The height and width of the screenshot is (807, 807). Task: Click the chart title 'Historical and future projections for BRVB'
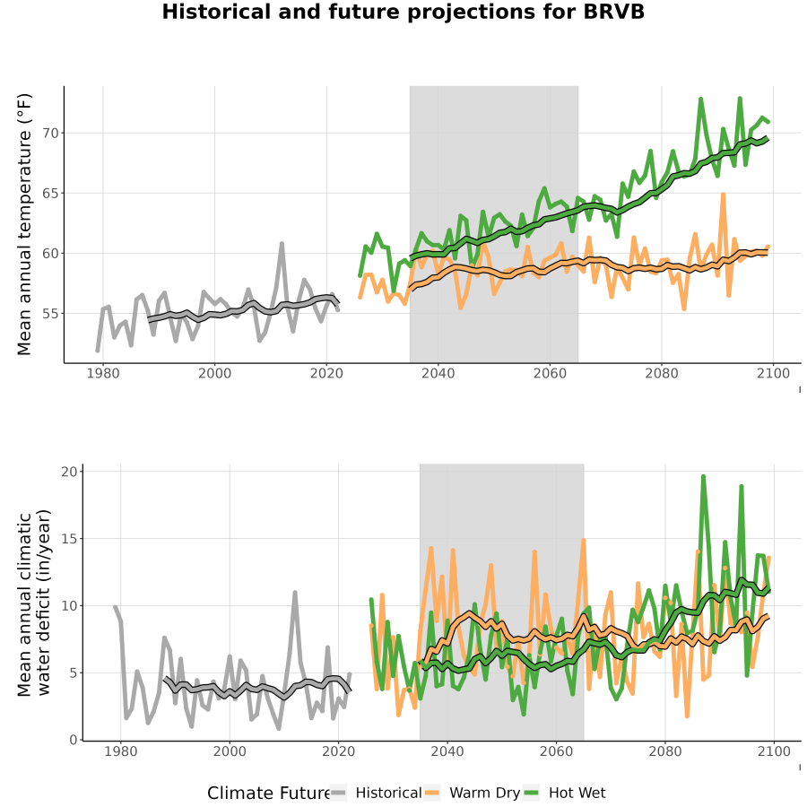pos(403,12)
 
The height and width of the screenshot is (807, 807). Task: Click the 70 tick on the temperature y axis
pos(51,134)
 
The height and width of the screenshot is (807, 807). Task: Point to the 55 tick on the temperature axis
pos(51,314)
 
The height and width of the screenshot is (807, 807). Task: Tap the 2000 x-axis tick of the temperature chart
pos(214,373)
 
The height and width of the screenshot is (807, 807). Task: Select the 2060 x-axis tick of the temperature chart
pos(550,373)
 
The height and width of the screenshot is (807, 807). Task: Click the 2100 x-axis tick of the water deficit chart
pos(774,751)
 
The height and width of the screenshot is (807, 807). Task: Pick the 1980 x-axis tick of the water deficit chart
pos(121,751)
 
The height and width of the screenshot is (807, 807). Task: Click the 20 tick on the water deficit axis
pos(69,472)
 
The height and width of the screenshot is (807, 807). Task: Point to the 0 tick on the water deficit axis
pos(74,740)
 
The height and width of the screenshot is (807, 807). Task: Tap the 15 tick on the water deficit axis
pos(69,539)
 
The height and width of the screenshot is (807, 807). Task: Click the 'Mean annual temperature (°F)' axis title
pos(24,224)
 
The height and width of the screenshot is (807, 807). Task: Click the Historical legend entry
pos(376,794)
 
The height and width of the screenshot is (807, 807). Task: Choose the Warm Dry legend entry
pos(472,794)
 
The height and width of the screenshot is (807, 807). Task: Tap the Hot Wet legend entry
pos(564,794)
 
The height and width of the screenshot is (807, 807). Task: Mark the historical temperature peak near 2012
pos(282,243)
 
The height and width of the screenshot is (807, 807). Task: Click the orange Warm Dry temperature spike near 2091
pos(723,195)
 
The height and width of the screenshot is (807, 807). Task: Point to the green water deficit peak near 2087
pos(703,477)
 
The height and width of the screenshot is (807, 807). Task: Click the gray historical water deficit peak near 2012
pos(295,593)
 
